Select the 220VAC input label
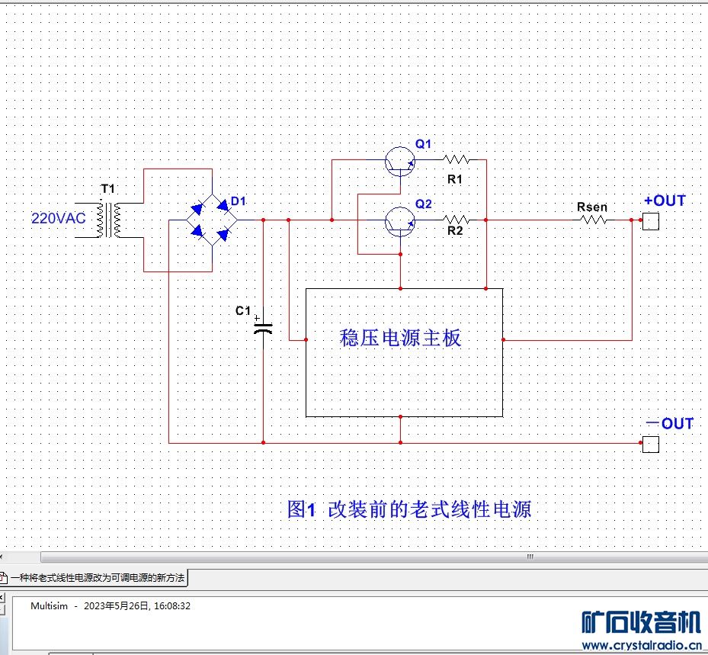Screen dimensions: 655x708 point(59,218)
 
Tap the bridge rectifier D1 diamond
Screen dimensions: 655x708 point(211,220)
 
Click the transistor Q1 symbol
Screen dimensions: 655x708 point(399,161)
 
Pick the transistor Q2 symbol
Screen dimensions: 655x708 point(399,221)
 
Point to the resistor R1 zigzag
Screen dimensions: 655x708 point(456,160)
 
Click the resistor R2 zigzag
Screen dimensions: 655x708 point(456,220)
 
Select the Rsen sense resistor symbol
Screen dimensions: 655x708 point(592,220)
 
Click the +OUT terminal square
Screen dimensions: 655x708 point(650,221)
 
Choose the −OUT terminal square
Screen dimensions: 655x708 point(650,444)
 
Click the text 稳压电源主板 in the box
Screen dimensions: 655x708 point(401,338)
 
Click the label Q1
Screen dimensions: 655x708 point(423,144)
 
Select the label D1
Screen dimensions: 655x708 point(239,201)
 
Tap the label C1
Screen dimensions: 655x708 point(242,311)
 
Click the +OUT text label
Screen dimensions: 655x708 point(665,201)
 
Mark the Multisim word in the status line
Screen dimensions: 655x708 point(49,606)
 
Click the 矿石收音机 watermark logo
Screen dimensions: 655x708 point(640,623)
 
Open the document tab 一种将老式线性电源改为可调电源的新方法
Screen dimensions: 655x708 point(97,578)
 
